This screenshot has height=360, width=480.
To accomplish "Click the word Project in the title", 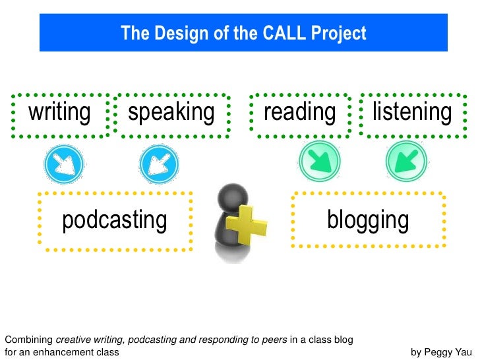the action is (x=339, y=33).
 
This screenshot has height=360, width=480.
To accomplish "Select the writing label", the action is (x=59, y=112).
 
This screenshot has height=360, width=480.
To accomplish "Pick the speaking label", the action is (x=171, y=112).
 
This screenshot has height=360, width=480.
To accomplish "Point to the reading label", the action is (x=299, y=112).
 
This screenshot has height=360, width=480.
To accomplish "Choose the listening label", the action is (x=412, y=112).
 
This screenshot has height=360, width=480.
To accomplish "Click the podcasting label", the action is (x=115, y=220).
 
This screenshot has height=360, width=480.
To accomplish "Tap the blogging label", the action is (x=368, y=220).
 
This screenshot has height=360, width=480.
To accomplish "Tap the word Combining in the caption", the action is (x=28, y=340).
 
